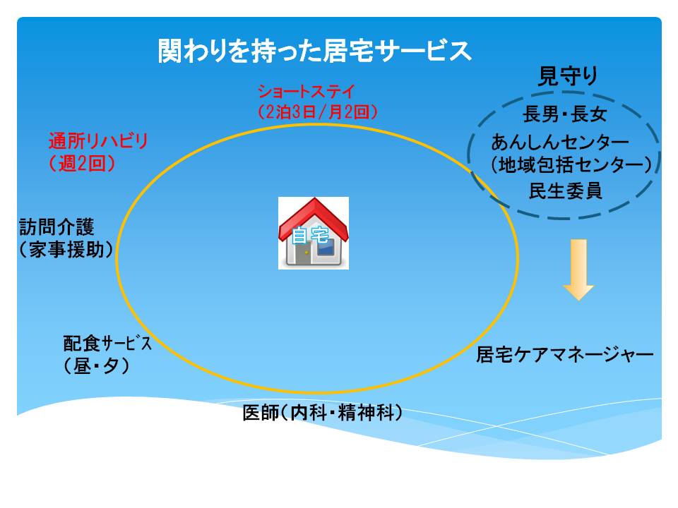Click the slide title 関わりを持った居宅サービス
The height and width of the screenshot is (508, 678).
point(314,51)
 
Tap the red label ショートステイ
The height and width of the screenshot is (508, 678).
point(306,92)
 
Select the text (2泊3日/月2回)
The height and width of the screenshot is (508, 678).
point(318,112)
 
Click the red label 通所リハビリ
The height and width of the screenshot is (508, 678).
point(98,141)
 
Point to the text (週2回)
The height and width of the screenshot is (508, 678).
point(82,164)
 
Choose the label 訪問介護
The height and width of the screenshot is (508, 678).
point(56,226)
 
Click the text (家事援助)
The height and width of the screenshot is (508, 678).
point(66,249)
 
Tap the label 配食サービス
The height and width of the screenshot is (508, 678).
point(107,344)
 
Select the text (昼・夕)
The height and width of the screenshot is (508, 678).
point(97,366)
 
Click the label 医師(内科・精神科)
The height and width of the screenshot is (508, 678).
point(322,413)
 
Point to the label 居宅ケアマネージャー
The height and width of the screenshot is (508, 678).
point(565,355)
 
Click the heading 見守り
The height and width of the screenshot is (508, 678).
point(568,76)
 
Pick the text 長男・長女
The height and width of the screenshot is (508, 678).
point(565,114)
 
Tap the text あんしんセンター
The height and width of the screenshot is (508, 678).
point(560,142)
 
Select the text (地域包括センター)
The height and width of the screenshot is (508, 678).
point(571,164)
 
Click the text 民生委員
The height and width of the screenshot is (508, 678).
point(566,190)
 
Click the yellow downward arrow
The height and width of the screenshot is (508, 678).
point(578,270)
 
